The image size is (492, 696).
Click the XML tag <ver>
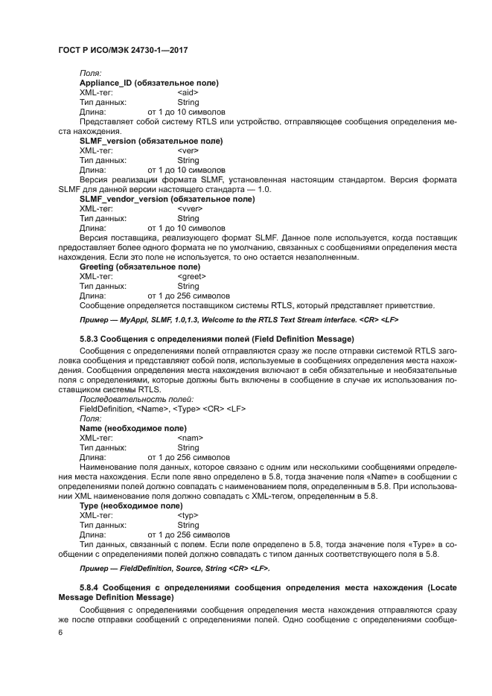188,150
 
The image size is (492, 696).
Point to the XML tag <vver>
190,208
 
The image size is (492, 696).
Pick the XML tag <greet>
192,276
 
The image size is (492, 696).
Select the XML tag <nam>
190,438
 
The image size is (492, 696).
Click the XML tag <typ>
188,515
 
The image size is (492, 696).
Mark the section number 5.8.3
92,339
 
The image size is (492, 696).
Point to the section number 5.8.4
92,588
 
